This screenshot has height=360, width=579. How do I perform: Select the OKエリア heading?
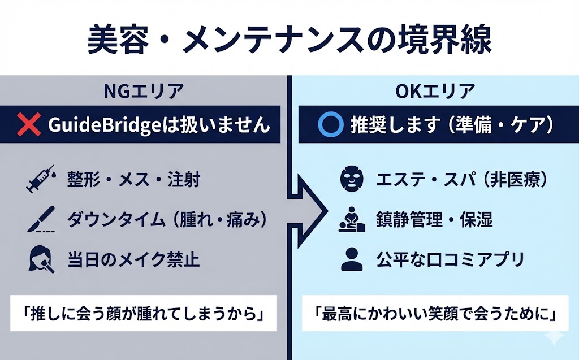click(435, 91)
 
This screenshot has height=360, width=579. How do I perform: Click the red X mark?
click(30, 125)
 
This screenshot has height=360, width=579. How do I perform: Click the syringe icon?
click(40, 180)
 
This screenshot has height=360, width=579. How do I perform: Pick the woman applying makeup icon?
click(40, 260)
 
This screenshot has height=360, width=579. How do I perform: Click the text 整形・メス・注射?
click(133, 180)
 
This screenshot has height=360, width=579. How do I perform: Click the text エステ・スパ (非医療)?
click(461, 180)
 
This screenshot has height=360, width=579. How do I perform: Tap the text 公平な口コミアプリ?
click(451, 260)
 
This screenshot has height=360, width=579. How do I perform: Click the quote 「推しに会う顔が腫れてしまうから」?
click(144, 313)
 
